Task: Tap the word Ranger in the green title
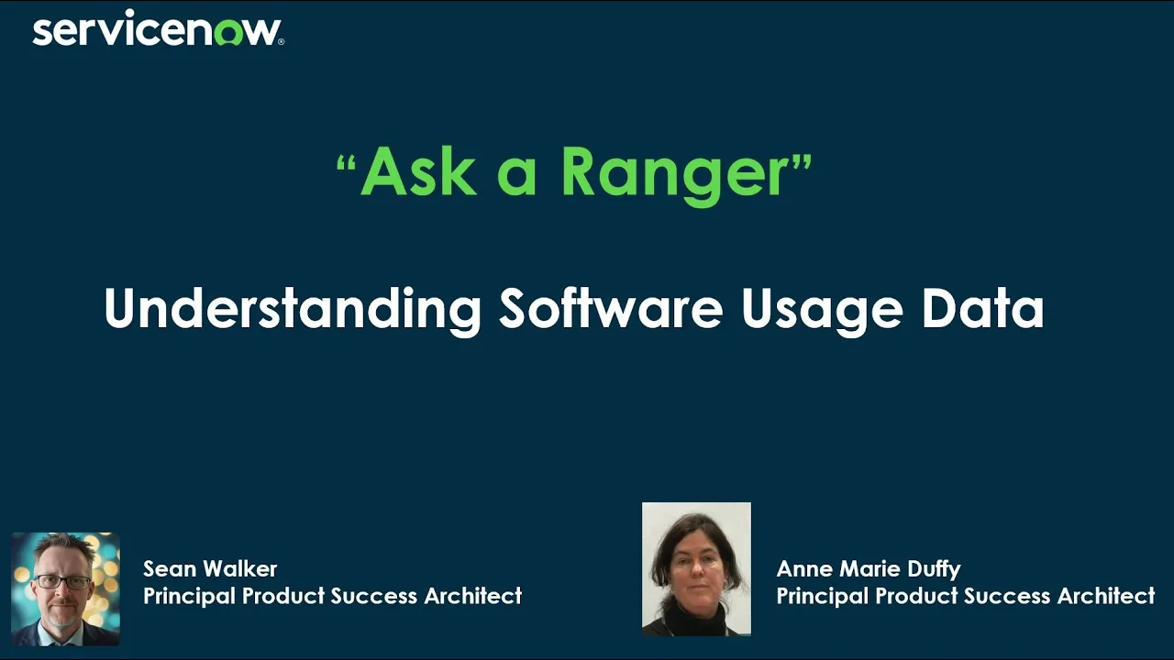click(x=674, y=171)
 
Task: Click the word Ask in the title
click(x=418, y=171)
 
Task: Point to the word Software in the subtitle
click(x=611, y=309)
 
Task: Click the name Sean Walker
click(x=210, y=568)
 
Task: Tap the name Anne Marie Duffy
click(x=868, y=568)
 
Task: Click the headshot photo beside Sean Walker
click(x=65, y=588)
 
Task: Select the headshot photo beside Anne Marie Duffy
click(x=696, y=568)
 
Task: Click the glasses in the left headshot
click(x=63, y=582)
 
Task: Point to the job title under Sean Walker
click(x=332, y=596)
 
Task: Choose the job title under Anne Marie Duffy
click(x=965, y=596)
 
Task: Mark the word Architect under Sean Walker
click(x=472, y=596)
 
